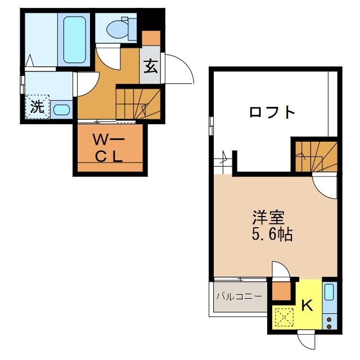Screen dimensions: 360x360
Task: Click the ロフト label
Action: tap(272, 112)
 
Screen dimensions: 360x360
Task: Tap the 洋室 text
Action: tap(268, 217)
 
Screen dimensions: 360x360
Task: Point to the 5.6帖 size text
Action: tap(272, 234)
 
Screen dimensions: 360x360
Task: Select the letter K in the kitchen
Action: tap(307, 305)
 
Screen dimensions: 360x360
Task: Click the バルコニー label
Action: tap(238, 296)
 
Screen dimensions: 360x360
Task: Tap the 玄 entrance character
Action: tap(150, 66)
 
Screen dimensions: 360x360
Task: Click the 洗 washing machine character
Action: tap(37, 107)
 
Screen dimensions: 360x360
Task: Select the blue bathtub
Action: tap(74, 39)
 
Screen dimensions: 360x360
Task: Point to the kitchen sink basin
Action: tap(329, 292)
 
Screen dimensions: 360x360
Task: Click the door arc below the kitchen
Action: tap(306, 339)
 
